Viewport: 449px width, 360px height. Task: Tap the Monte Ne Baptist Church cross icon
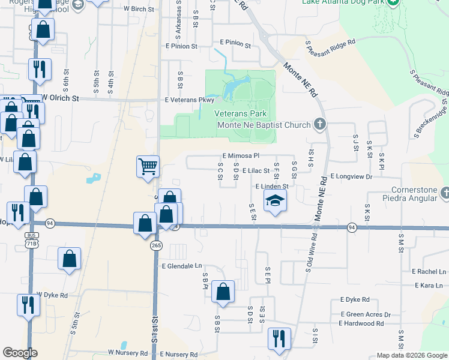(320, 125)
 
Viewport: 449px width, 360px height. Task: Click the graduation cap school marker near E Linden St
(276, 201)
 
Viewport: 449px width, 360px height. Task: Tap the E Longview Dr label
(352, 177)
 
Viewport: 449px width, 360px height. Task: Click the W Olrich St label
(60, 98)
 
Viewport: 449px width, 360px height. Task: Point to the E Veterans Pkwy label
(190, 100)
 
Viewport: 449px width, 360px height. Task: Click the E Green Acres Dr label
(366, 314)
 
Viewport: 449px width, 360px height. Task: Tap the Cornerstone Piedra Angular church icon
(444, 193)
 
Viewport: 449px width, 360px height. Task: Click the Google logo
(20, 353)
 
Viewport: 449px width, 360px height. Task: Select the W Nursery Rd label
(127, 353)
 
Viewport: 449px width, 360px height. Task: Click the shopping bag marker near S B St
(223, 292)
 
